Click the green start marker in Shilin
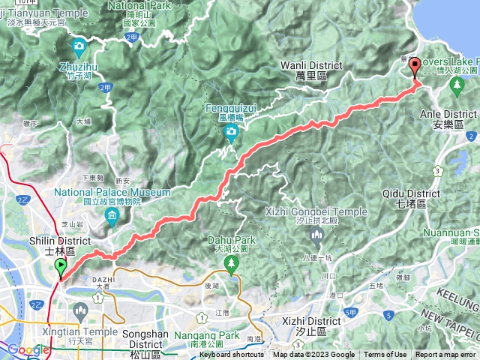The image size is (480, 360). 60,268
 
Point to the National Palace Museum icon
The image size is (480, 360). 112,218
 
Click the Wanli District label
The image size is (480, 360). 310,70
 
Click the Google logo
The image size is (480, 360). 28,349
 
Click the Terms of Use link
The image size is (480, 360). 385,355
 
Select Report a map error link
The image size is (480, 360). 446,355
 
